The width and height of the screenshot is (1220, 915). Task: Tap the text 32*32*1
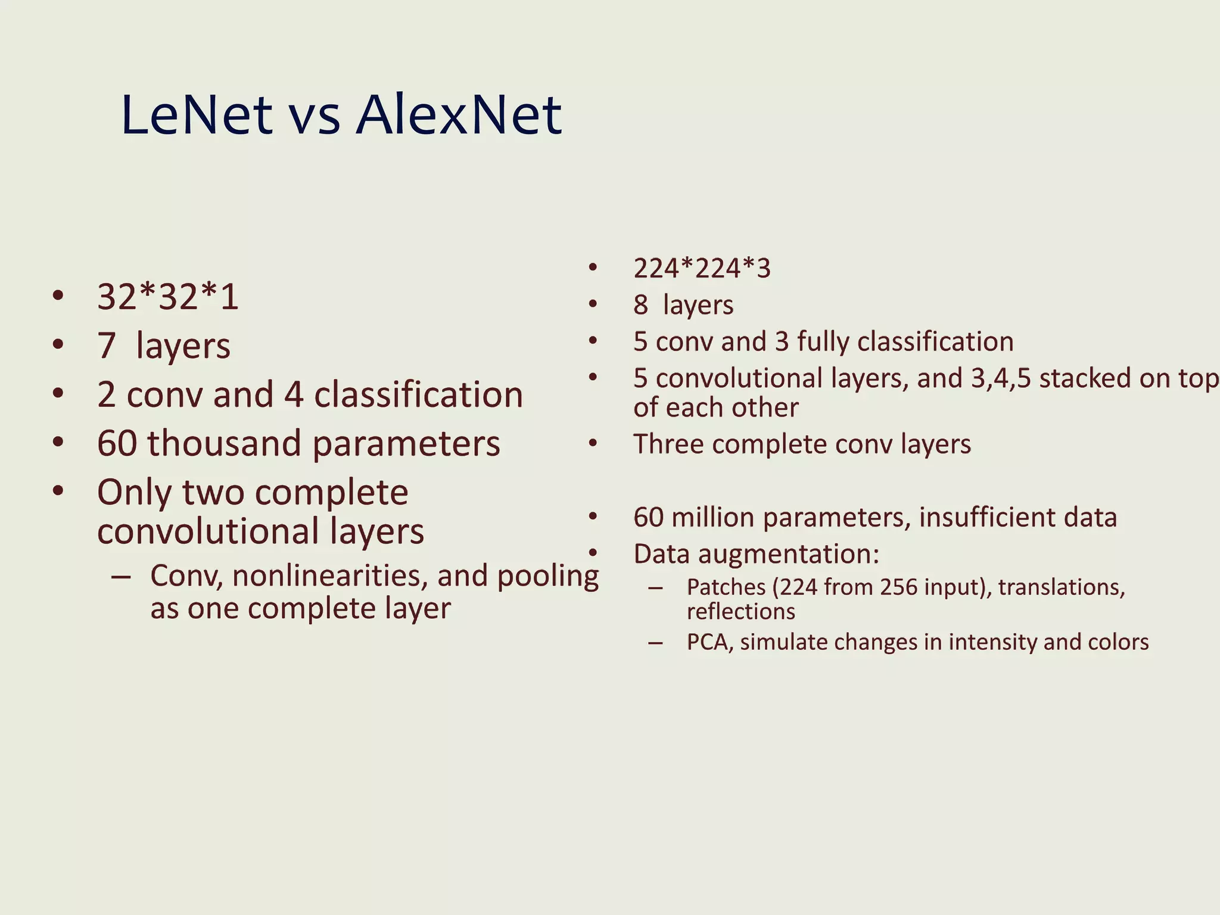click(167, 297)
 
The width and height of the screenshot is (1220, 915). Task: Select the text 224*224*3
click(702, 268)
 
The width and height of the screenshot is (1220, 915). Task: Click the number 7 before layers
click(107, 346)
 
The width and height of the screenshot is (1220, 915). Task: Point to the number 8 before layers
click(640, 305)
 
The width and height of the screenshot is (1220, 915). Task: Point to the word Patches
click(726, 588)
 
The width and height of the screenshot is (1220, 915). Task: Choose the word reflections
click(740, 612)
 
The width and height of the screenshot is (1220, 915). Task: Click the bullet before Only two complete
click(58, 491)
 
